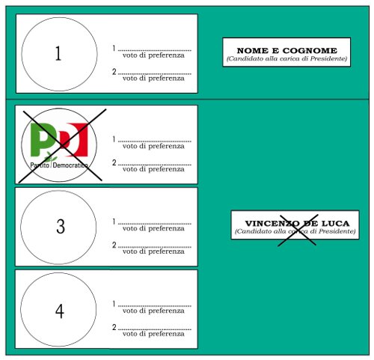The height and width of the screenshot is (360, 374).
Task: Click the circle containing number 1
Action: point(58,53)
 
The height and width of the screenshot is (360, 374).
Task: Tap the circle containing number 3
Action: point(58,227)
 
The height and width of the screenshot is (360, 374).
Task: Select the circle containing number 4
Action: point(58,309)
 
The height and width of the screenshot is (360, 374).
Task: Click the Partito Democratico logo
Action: point(58,144)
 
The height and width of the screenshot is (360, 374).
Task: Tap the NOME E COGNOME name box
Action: point(286,52)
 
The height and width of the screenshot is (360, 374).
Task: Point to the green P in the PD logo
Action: point(44,139)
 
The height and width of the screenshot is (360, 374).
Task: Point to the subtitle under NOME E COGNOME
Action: point(286,58)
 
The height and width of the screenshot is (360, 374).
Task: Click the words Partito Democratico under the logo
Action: point(58,163)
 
